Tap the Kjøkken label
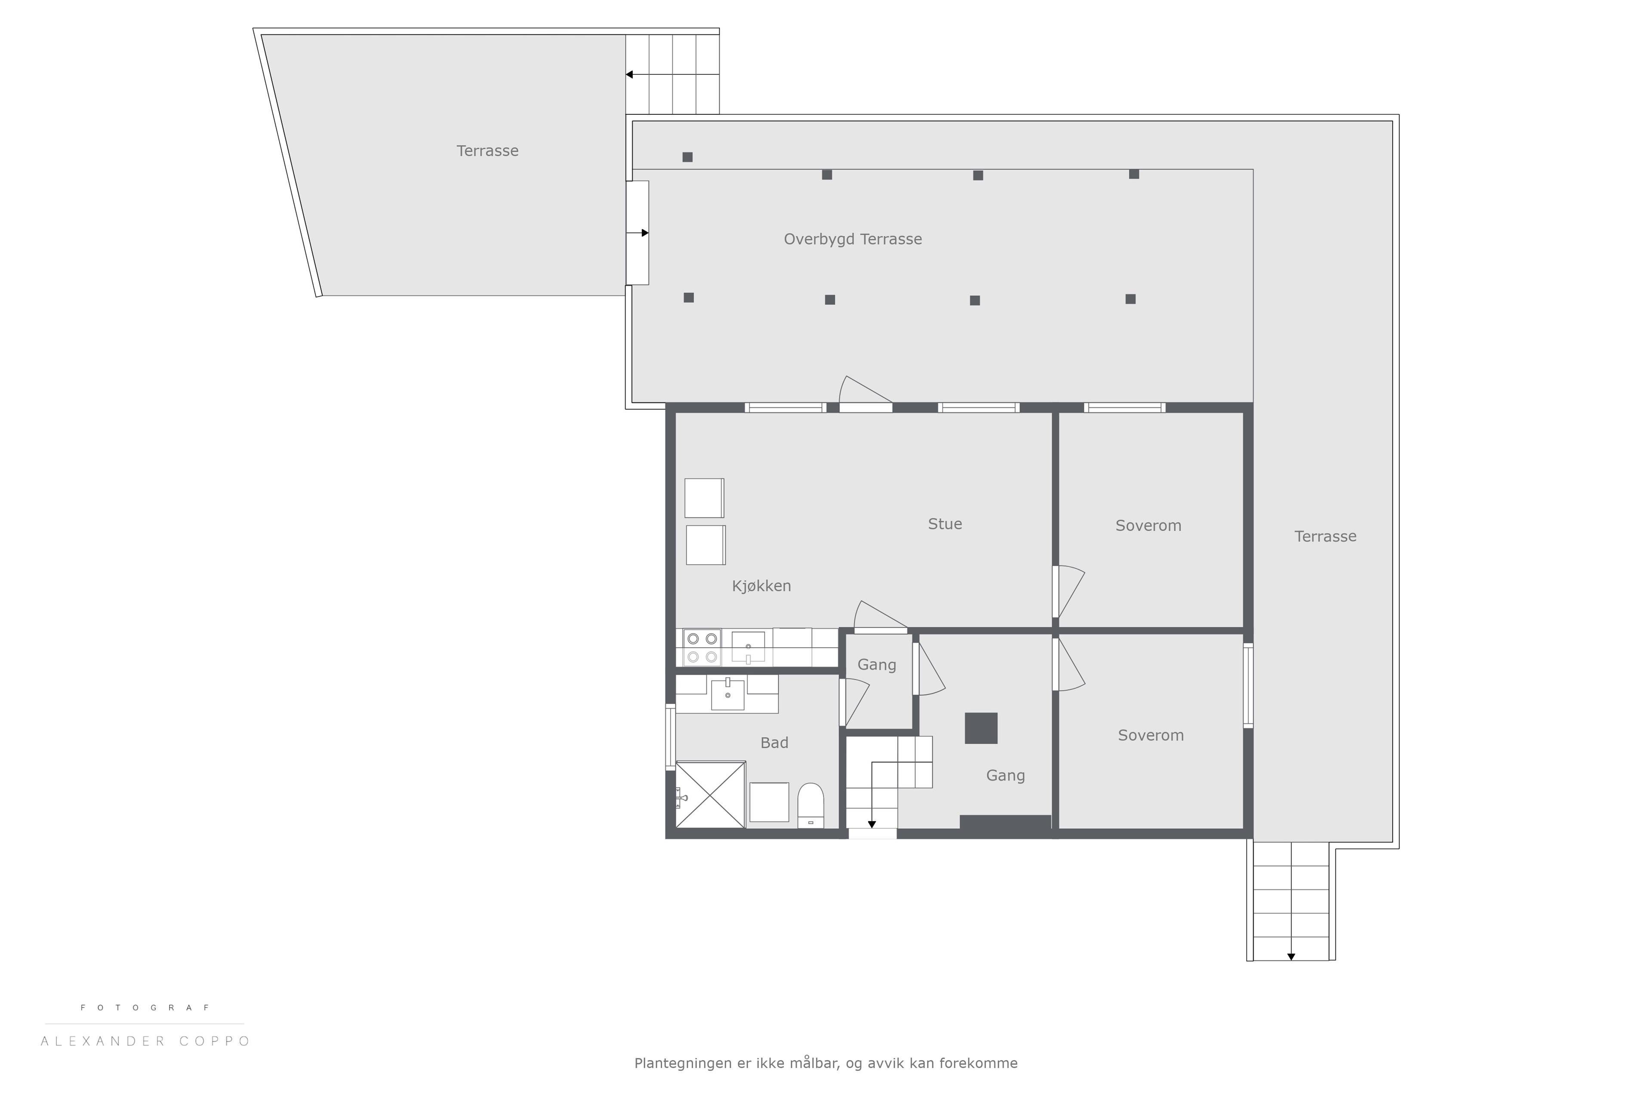click(761, 586)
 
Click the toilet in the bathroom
click(811, 806)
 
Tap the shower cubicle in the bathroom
click(710, 795)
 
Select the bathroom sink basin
click(727, 695)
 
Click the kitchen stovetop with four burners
click(702, 647)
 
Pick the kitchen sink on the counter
click(748, 647)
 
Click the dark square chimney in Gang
click(981, 728)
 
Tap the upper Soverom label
click(1148, 525)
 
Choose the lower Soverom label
click(1150, 735)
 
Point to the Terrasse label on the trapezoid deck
click(487, 151)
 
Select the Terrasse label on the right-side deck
click(1325, 536)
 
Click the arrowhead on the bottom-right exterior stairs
click(1291, 956)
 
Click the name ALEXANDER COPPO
click(145, 1041)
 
